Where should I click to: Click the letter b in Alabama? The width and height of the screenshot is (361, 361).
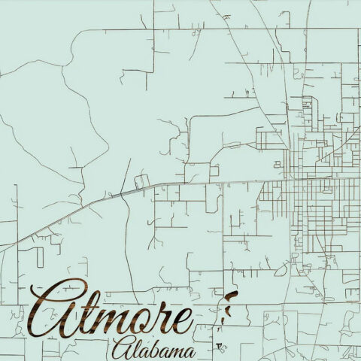(153, 347)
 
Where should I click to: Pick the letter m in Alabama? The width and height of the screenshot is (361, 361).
(175, 352)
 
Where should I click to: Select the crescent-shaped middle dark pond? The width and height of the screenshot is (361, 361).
(226, 309)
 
